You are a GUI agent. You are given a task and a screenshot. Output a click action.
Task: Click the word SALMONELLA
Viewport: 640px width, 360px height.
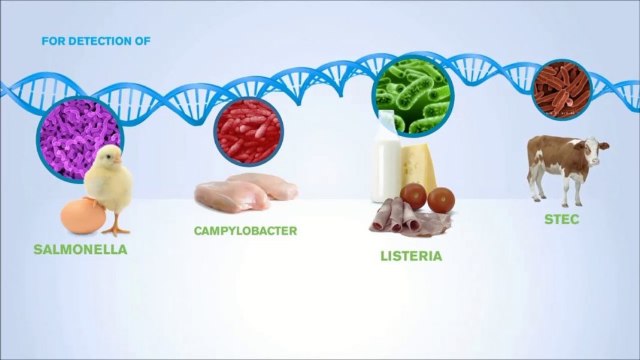pyautogui.click(x=80, y=249)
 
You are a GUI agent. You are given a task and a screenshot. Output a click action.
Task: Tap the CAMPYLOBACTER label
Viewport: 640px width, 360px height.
pyautogui.click(x=245, y=231)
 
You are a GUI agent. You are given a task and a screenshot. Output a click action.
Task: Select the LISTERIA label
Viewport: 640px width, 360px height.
pyautogui.click(x=411, y=256)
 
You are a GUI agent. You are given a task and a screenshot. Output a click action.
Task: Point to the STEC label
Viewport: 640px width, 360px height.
pyautogui.click(x=561, y=219)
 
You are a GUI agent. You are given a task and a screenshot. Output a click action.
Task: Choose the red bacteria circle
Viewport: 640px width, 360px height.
pyautogui.click(x=248, y=132)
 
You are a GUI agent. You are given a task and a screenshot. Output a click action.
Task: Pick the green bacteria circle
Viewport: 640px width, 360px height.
pyautogui.click(x=413, y=95)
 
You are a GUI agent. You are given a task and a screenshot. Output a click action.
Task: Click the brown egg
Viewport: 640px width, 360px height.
pyautogui.click(x=83, y=216)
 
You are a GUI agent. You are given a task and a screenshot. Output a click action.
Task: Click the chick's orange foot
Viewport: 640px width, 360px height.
pyautogui.click(x=116, y=229)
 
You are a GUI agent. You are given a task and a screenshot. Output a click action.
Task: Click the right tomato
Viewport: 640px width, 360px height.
pyautogui.click(x=441, y=200)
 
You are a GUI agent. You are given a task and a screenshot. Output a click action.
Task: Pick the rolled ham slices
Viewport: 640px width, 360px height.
pyautogui.click(x=404, y=219)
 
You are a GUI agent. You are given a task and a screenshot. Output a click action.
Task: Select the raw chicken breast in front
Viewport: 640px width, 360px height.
pyautogui.click(x=231, y=196)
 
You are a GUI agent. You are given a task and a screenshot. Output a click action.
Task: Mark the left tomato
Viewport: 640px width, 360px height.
pyautogui.click(x=413, y=196)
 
